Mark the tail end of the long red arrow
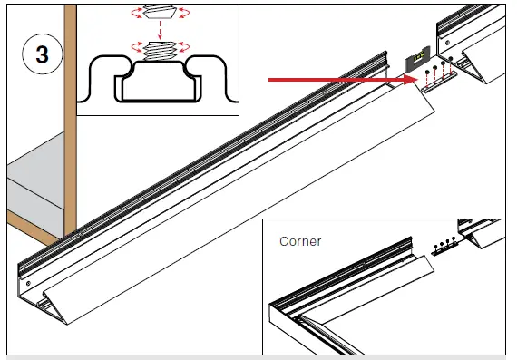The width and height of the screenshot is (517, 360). point(270,80)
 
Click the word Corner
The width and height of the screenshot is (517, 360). point(299,241)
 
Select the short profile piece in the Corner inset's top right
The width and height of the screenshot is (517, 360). point(481,233)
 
